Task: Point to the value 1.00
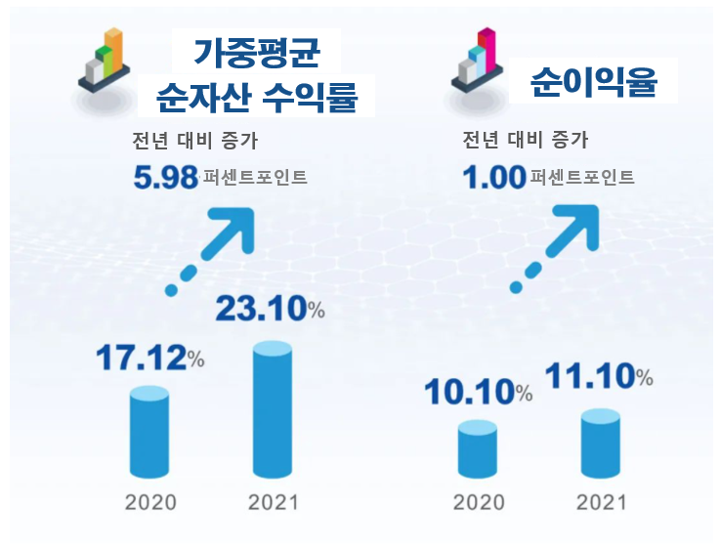pos(494,178)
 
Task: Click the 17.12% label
pos(148,359)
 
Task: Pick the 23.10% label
pos(269,310)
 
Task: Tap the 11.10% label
pos(598,375)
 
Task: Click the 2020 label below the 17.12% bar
pos(150,503)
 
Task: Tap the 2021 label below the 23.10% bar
pos(273,503)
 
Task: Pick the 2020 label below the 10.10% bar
pos(479,503)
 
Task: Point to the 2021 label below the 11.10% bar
pos(601,503)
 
